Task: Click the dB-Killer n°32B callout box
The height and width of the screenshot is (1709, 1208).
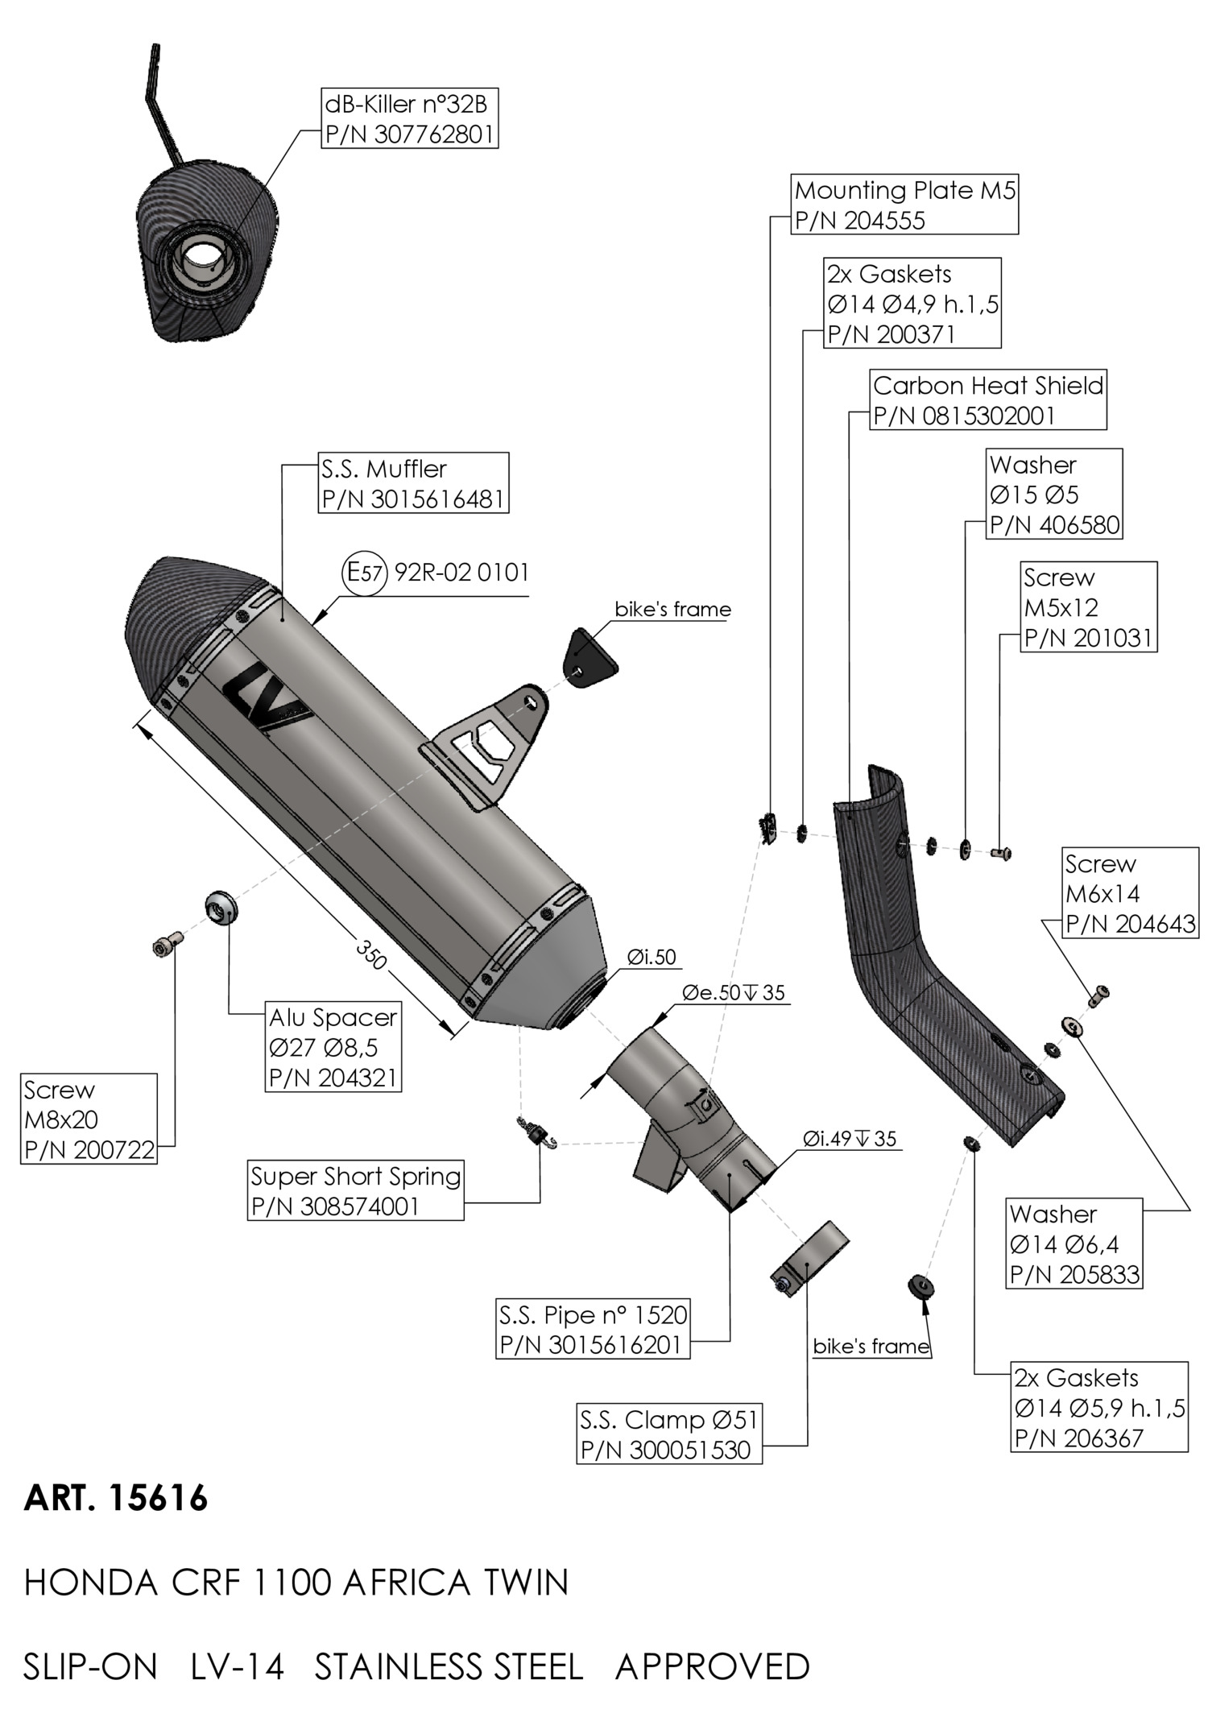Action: (408, 119)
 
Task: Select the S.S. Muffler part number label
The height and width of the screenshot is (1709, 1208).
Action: (413, 499)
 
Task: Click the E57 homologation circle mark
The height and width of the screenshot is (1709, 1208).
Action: (366, 573)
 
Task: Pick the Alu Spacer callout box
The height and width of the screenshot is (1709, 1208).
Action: (333, 1047)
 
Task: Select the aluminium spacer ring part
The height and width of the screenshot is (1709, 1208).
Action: (221, 908)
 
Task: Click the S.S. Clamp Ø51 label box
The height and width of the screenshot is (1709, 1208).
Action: (669, 1434)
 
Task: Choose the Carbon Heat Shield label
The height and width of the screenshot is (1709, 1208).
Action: (988, 400)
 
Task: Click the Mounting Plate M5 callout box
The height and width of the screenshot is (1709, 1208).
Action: (905, 205)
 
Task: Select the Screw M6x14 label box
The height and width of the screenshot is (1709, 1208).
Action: (1130, 893)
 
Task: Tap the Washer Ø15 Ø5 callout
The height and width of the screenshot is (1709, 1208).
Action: (1054, 494)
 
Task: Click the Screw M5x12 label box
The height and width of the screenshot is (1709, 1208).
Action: (1089, 607)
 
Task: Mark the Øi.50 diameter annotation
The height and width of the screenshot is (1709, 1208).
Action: (652, 957)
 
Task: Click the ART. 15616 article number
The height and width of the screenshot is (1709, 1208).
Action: (116, 1497)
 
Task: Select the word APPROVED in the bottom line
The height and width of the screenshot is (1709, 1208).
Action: (713, 1666)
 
